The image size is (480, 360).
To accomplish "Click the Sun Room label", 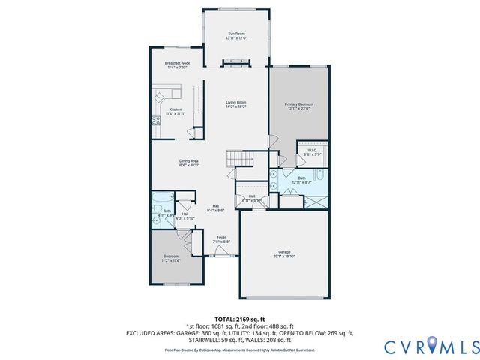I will [x=236, y=34].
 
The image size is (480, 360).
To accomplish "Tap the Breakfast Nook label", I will [x=176, y=64].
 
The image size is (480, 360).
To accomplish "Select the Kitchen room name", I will [x=175, y=109].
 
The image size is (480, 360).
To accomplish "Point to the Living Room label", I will [x=236, y=102].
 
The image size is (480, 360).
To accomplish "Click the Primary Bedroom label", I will [x=298, y=103].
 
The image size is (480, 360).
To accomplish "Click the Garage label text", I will [x=283, y=251].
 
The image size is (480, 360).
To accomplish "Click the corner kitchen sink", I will [x=160, y=95].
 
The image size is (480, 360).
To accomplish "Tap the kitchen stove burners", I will [x=156, y=119].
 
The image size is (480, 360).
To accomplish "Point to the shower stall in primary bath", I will [x=315, y=201].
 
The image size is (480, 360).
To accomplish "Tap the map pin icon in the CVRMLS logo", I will [x=435, y=346].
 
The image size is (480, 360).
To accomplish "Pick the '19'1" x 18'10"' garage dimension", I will [x=283, y=256].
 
